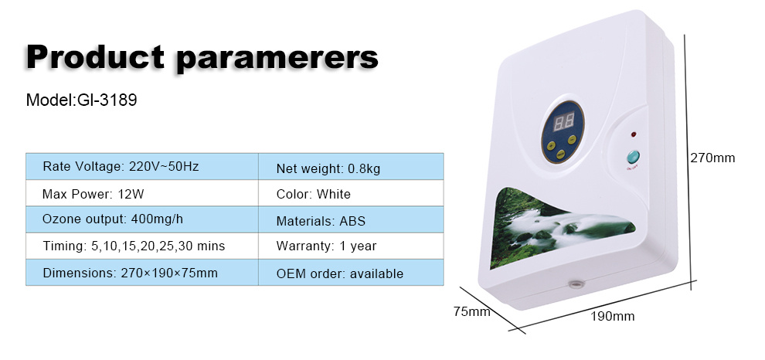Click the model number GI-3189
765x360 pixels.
click(x=107, y=100)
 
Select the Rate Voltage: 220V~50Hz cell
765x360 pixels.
click(x=142, y=166)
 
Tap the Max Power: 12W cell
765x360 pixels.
click(x=142, y=193)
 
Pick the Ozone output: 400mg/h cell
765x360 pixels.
click(x=142, y=219)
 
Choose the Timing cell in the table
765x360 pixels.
click(x=142, y=246)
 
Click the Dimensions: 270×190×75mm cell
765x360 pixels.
click(x=142, y=272)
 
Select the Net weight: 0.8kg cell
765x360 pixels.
click(x=351, y=166)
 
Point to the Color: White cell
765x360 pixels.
click(x=351, y=193)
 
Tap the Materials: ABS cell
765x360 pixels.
click(x=351, y=219)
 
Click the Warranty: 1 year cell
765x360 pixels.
click(x=351, y=246)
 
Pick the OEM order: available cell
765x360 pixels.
click(x=351, y=272)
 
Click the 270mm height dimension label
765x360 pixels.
click(x=712, y=158)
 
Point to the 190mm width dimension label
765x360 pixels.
click(x=612, y=317)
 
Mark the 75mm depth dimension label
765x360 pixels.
click(x=472, y=311)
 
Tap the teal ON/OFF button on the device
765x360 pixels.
click(x=633, y=157)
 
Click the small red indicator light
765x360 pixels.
click(x=634, y=134)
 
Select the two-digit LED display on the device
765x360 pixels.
click(x=563, y=121)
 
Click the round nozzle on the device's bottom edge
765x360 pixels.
click(x=576, y=283)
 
